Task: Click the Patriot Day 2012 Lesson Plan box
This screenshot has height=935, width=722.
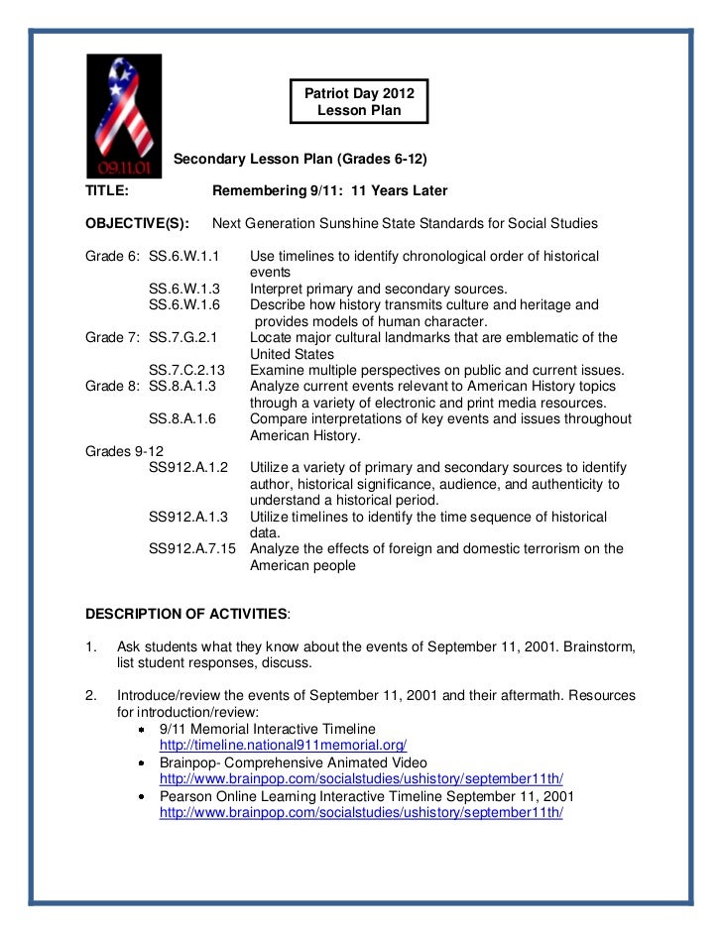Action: point(359,101)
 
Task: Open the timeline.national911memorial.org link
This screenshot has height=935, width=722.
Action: point(283,744)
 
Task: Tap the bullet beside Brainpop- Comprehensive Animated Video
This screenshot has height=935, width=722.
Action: point(144,763)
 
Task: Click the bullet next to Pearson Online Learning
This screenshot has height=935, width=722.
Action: point(144,796)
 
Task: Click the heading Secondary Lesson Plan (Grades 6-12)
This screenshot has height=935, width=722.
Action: point(301,159)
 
